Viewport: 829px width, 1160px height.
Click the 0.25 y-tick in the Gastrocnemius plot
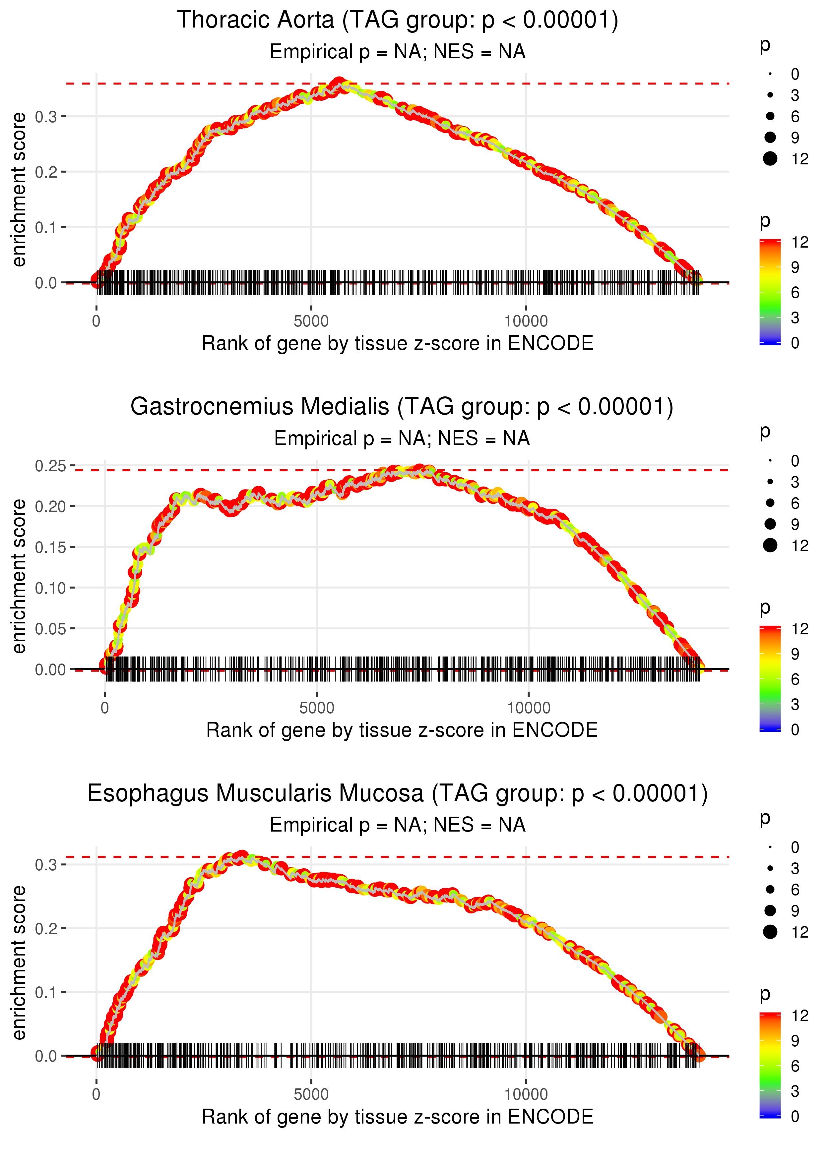[x=50, y=466]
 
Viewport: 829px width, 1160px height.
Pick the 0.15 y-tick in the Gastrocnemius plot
[x=50, y=547]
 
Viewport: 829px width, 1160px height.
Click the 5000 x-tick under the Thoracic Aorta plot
[x=311, y=321]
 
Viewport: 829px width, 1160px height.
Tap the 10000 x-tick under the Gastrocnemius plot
[x=528, y=708]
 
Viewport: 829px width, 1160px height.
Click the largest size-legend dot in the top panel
[x=770, y=159]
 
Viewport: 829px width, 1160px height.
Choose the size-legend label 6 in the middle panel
[x=795, y=503]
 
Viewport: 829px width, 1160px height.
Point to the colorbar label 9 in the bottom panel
[x=795, y=1041]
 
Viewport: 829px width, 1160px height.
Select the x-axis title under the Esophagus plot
[x=397, y=1117]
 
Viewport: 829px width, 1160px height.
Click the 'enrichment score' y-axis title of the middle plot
[x=19, y=576]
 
